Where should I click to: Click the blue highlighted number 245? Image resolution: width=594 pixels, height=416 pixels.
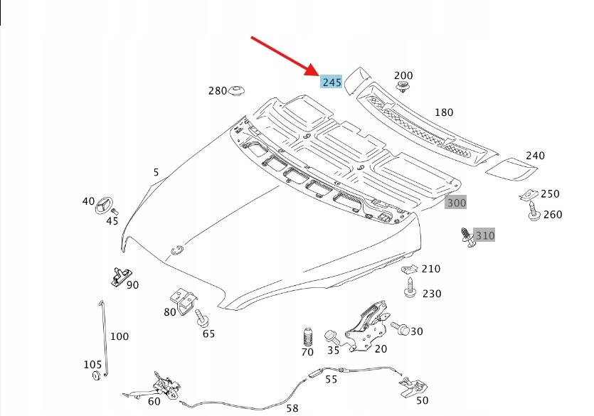[332, 82]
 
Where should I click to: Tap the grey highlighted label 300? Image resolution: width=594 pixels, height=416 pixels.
[456, 203]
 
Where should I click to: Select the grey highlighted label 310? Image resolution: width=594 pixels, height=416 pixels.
[484, 235]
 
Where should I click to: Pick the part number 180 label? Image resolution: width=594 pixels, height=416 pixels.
[443, 112]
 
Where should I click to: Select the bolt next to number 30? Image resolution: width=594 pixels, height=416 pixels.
[401, 330]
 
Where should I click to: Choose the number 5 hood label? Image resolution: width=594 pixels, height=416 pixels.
[156, 172]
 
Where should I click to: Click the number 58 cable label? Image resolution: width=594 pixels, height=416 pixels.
[292, 408]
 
